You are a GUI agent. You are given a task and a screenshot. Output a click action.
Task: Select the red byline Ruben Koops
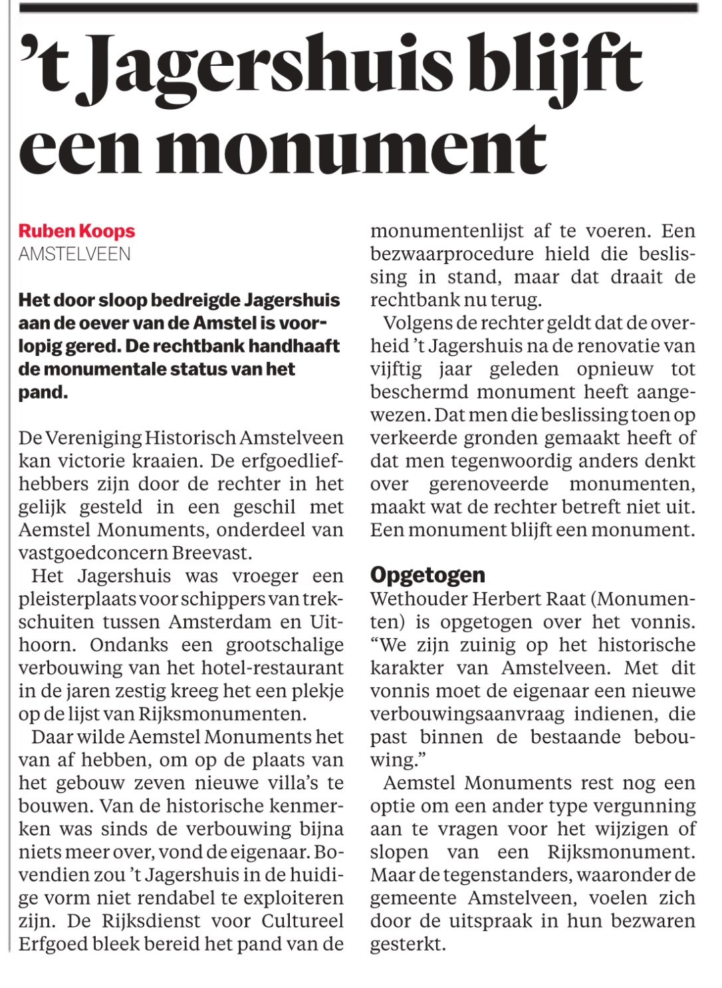pyautogui.click(x=76, y=231)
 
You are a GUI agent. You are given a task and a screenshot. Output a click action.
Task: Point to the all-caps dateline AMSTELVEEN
pyautogui.click(x=74, y=254)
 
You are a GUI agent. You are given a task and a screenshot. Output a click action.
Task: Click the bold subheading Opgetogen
pyautogui.click(x=427, y=575)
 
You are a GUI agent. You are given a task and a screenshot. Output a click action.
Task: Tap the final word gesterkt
pyautogui.click(x=408, y=944)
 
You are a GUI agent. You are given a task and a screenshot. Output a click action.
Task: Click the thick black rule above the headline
pyautogui.click(x=359, y=8)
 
